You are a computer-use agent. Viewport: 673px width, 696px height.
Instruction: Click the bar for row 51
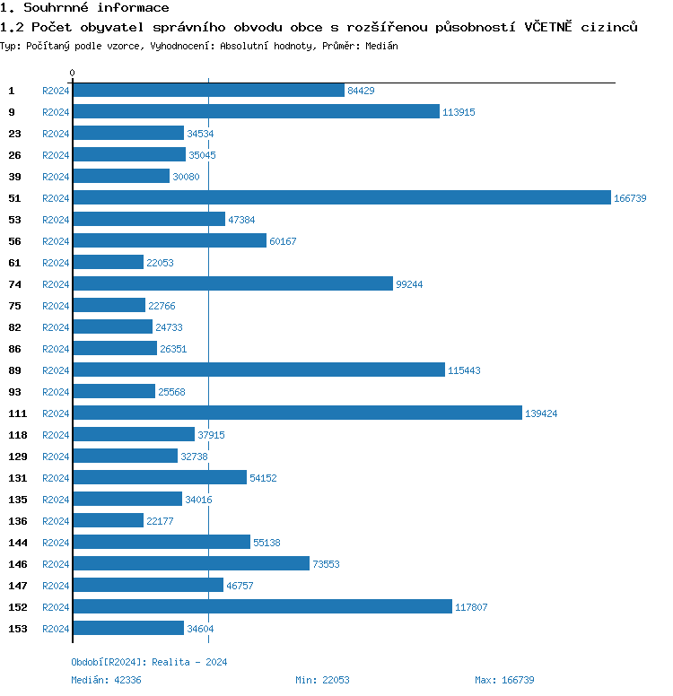pos(341,198)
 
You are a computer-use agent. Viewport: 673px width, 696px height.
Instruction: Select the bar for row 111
pos(297,413)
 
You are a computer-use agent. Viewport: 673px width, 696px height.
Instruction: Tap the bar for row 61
pos(108,263)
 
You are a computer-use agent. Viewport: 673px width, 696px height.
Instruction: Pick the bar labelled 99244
pos(232,284)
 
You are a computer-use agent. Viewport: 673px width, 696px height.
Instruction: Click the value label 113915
pos(459,112)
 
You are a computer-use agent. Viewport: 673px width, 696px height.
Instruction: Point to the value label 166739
pos(630,198)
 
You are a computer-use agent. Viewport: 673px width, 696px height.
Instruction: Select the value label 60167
pos(284,241)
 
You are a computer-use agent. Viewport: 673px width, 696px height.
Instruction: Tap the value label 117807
pos(471,607)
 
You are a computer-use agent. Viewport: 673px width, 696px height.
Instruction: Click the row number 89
pos(14,370)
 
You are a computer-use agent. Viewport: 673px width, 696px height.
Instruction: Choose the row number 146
pos(18,564)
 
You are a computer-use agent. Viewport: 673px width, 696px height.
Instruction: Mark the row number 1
pos(12,91)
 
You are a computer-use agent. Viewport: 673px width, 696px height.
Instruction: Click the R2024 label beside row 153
pos(56,629)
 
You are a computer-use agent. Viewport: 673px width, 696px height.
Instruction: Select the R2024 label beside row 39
pos(56,177)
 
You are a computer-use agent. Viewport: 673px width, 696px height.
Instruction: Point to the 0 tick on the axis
pos(73,73)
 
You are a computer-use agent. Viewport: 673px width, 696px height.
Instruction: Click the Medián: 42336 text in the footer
pos(106,680)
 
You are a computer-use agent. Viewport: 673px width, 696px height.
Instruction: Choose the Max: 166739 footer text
pos(504,680)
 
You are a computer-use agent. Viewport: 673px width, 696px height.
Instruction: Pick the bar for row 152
pos(262,607)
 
